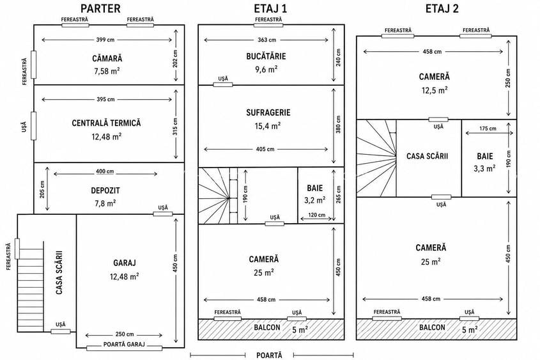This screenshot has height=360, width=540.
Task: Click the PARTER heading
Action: pyautogui.click(x=100, y=8)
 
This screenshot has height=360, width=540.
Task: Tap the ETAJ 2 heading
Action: pyautogui.click(x=442, y=8)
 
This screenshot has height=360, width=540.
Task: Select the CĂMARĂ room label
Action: pyautogui.click(x=107, y=58)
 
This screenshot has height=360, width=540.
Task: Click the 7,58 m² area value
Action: pyautogui.click(x=107, y=71)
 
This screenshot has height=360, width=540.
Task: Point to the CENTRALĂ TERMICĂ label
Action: pyautogui.click(x=107, y=123)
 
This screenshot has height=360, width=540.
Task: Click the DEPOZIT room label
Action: pyautogui.click(x=105, y=190)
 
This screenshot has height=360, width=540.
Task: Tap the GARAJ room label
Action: pyautogui.click(x=125, y=263)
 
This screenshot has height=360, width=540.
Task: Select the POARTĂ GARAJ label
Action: pyautogui.click(x=124, y=344)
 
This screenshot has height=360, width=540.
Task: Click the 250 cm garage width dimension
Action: pyautogui.click(x=125, y=334)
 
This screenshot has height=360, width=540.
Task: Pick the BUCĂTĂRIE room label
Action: pyautogui.click(x=266, y=56)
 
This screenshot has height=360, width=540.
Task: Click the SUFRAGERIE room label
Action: pyautogui.click(x=268, y=113)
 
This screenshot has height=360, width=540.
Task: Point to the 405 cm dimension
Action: pyautogui.click(x=265, y=149)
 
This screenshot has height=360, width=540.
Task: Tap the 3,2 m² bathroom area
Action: pyautogui.click(x=315, y=200)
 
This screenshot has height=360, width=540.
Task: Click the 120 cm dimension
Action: pyautogui.click(x=316, y=215)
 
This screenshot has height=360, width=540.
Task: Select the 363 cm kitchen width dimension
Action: pyautogui.click(x=266, y=40)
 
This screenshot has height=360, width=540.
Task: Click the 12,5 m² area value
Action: pyautogui.click(x=435, y=90)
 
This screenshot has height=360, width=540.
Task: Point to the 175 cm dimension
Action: pyautogui.click(x=488, y=129)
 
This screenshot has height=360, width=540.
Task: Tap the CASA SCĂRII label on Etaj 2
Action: pyautogui.click(x=427, y=156)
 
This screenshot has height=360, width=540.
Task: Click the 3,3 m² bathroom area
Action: pyautogui.click(x=484, y=168)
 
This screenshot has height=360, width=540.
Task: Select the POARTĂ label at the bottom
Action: pyautogui.click(x=269, y=355)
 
